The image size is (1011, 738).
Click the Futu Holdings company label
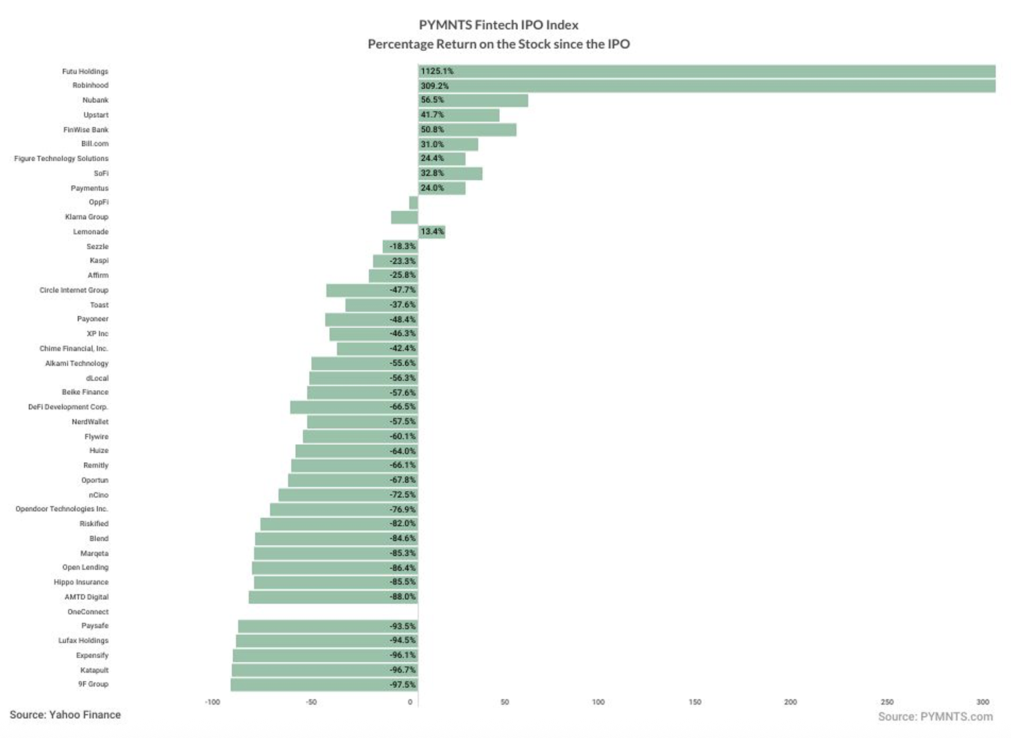(85, 71)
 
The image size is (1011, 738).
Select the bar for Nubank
(473, 100)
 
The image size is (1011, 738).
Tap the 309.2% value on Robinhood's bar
(435, 85)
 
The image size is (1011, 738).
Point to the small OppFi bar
(414, 203)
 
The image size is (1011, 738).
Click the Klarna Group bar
(405, 217)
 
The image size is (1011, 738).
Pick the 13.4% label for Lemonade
(432, 231)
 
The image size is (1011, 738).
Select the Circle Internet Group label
(74, 290)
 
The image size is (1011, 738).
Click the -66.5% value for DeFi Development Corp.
(403, 407)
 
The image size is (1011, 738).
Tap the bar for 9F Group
(324, 685)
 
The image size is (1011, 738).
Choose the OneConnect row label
(88, 612)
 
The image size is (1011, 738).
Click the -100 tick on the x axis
(212, 702)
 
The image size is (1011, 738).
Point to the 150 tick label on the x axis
(695, 702)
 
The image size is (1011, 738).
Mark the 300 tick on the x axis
(983, 702)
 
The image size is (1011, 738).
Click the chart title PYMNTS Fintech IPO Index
(498, 25)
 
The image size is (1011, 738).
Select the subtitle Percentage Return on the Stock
(498, 44)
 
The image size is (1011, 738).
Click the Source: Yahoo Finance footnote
(65, 715)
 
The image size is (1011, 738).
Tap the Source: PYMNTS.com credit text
(935, 717)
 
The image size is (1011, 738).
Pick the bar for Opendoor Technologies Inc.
(343, 510)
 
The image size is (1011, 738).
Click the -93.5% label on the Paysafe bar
(403, 626)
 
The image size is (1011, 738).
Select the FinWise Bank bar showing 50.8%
(467, 130)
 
